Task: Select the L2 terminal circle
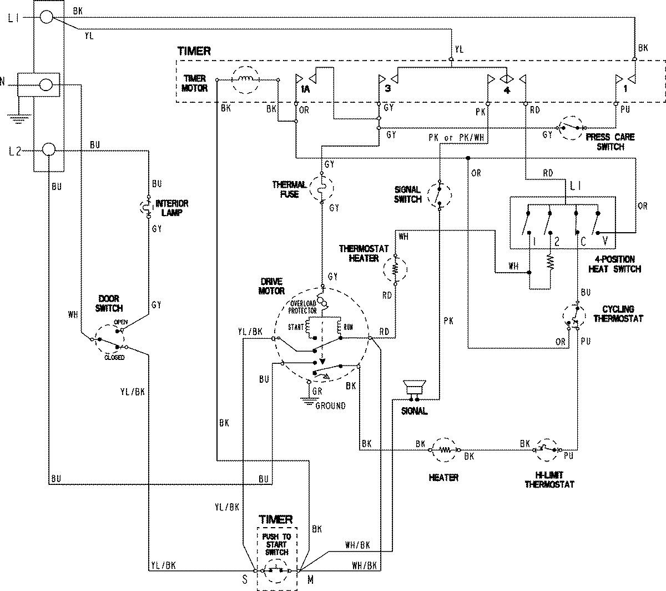click(48, 150)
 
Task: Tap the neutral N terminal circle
click(47, 85)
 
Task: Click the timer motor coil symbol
click(245, 80)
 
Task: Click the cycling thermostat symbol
click(576, 317)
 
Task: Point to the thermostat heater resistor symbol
click(396, 269)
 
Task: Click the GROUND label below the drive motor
click(330, 405)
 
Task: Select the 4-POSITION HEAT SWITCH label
click(614, 264)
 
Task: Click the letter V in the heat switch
click(605, 241)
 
